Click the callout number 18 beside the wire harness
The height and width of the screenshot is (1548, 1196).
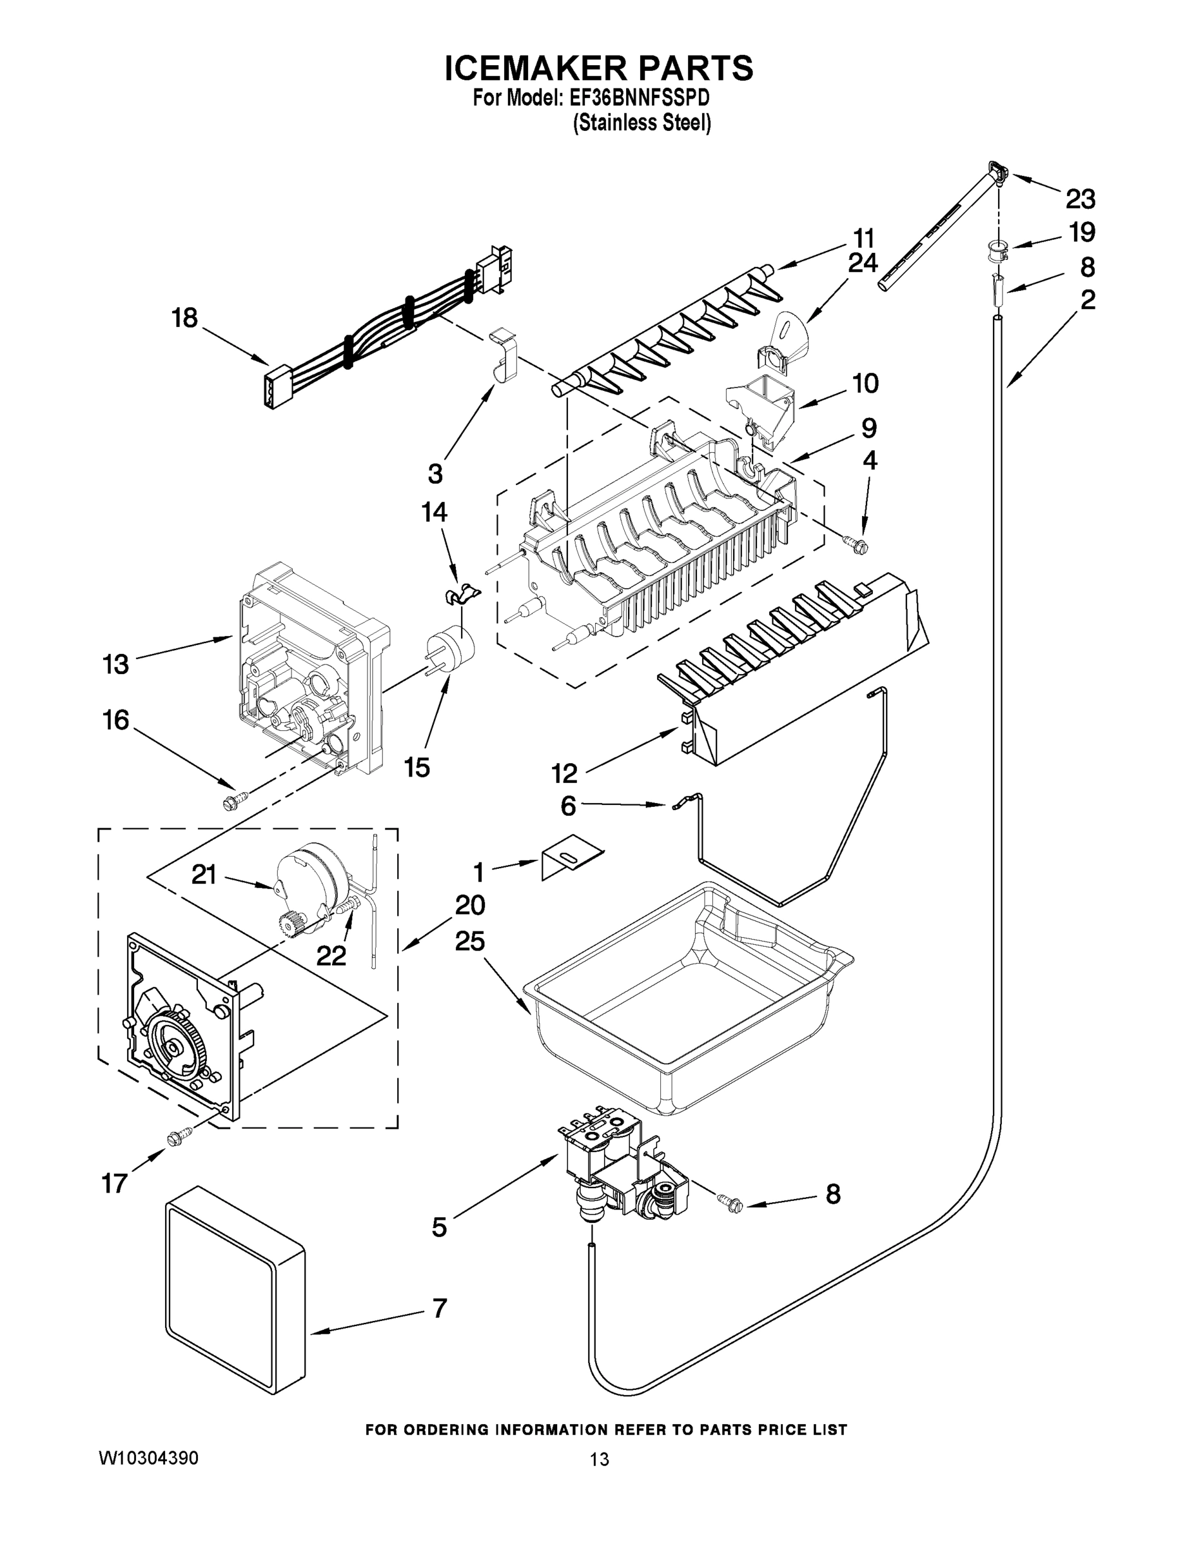tap(184, 317)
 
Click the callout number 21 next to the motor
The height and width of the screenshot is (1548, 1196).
tap(203, 875)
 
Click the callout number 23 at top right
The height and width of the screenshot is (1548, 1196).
tap(1080, 199)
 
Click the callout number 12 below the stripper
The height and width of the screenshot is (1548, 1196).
tap(565, 773)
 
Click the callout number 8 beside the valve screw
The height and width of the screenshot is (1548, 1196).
tap(832, 1194)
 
